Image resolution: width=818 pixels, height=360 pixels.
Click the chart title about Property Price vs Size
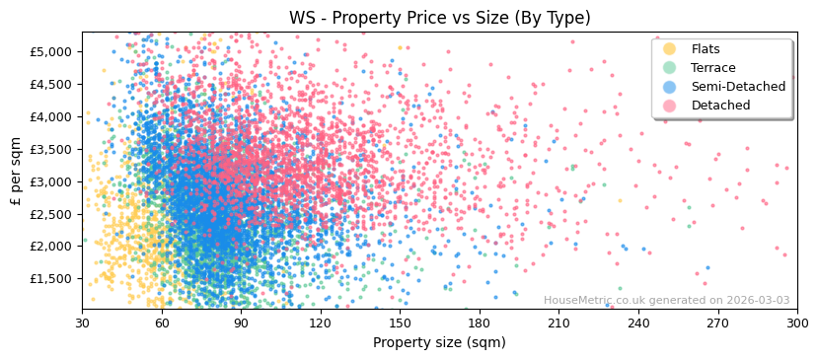pos(439,18)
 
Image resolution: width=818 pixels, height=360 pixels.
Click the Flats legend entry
pos(706,49)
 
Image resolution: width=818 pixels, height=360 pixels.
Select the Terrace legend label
pos(713,68)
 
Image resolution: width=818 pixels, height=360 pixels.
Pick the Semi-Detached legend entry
pos(738,87)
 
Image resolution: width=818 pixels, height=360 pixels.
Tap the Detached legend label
pos(720,106)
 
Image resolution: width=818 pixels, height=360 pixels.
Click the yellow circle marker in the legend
pos(670,49)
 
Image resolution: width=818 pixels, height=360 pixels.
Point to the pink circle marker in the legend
pos(670,106)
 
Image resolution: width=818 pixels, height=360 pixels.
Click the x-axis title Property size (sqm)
pos(439,343)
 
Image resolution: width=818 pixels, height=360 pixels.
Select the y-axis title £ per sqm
pos(16,172)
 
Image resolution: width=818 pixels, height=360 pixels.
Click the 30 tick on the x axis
pos(82,324)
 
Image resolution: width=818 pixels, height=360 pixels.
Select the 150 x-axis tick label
pos(400,324)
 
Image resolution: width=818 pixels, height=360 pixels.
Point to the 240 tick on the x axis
pos(638,324)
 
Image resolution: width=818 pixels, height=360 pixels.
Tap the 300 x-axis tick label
pos(797,324)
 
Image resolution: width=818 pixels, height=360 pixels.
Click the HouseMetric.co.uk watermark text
pos(666,301)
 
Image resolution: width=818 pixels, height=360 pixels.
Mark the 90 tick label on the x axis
pos(241,324)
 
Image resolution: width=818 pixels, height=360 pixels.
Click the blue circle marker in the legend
pos(670,87)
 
